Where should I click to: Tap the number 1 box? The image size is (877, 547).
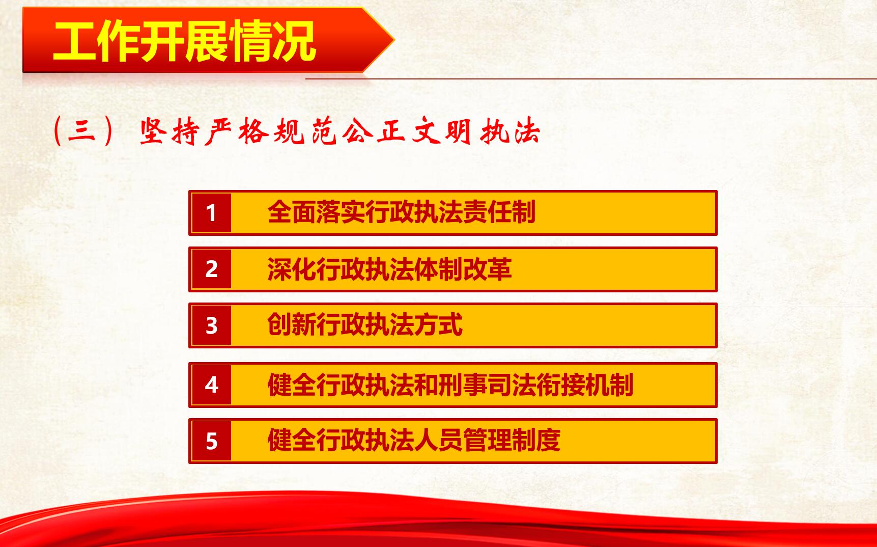(x=212, y=213)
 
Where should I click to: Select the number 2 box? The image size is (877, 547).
(x=212, y=269)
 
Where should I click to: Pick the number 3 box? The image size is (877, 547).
(x=212, y=325)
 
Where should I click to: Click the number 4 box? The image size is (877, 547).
(x=212, y=385)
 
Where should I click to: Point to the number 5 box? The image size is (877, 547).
(x=212, y=441)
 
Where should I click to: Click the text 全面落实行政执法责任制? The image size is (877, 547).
(x=401, y=212)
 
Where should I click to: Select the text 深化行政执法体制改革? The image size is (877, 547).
(x=389, y=269)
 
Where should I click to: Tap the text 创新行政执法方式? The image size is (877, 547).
(x=365, y=325)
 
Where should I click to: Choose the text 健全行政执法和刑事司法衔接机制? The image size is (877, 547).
(x=450, y=385)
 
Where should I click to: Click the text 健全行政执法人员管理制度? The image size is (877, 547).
(x=414, y=441)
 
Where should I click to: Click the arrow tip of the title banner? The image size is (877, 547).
(x=394, y=40)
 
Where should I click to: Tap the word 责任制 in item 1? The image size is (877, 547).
(x=499, y=212)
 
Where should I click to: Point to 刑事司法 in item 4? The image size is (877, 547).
(x=487, y=385)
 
